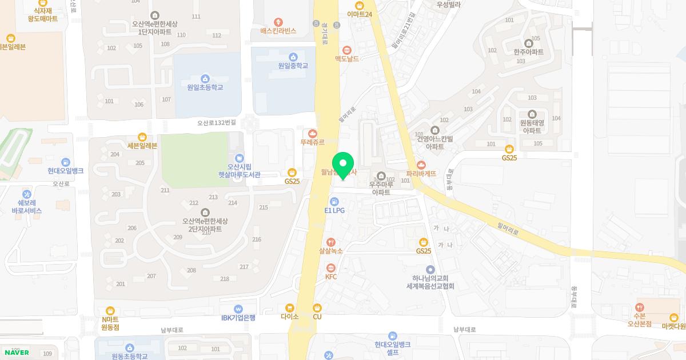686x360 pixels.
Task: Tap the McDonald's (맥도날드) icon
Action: pos(347,50)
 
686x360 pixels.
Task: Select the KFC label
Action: pos(331,277)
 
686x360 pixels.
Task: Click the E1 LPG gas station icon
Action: pos(334,201)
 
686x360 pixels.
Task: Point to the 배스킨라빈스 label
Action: pos(278,30)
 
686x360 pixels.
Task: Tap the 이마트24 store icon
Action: pos(360,5)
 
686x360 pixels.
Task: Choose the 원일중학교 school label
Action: pos(293,66)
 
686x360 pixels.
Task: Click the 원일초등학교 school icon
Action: pos(205,78)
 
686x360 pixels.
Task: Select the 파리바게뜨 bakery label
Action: pos(421,173)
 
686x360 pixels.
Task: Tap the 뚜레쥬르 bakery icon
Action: pos(312,133)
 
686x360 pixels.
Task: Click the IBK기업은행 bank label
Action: pos(238,318)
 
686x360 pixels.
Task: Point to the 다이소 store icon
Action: pos(290,307)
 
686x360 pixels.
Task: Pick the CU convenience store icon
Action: pos(317,307)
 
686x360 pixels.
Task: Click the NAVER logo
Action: pos(17,353)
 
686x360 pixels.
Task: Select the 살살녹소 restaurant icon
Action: pos(331,242)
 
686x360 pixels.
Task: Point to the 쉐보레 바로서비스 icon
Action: pos(27,194)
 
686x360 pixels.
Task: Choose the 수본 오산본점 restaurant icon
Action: pos(640,307)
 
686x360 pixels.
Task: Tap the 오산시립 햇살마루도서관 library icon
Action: pos(240,158)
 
